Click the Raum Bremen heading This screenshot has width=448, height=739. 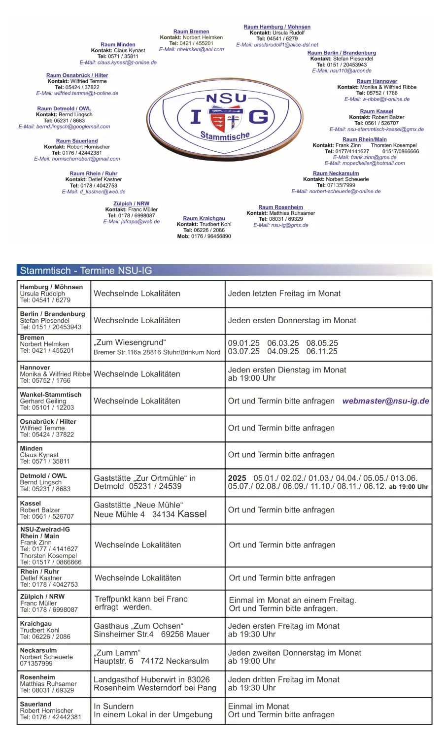(x=191, y=32)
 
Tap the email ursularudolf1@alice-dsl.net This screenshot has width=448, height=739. (x=277, y=45)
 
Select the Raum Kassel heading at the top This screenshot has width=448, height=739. (x=377, y=111)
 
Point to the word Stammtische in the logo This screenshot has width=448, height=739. (x=225, y=135)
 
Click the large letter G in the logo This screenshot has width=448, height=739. (x=258, y=117)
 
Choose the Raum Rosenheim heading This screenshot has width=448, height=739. (x=280, y=207)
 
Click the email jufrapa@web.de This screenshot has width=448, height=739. (x=132, y=222)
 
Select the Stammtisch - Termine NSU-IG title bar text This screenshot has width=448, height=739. (x=86, y=270)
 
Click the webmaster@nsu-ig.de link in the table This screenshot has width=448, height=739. (x=385, y=401)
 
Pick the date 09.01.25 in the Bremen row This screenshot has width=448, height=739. (x=243, y=343)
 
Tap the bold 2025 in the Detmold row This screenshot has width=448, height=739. (x=237, y=478)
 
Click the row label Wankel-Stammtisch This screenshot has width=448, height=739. (x=51, y=395)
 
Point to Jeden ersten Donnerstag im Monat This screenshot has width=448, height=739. (x=292, y=320)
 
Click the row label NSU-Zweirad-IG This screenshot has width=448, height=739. (x=45, y=529)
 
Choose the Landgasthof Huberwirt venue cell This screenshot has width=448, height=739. (x=155, y=683)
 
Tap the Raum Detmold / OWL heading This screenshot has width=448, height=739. (x=64, y=109)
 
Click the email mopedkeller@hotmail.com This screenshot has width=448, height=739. (x=364, y=164)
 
